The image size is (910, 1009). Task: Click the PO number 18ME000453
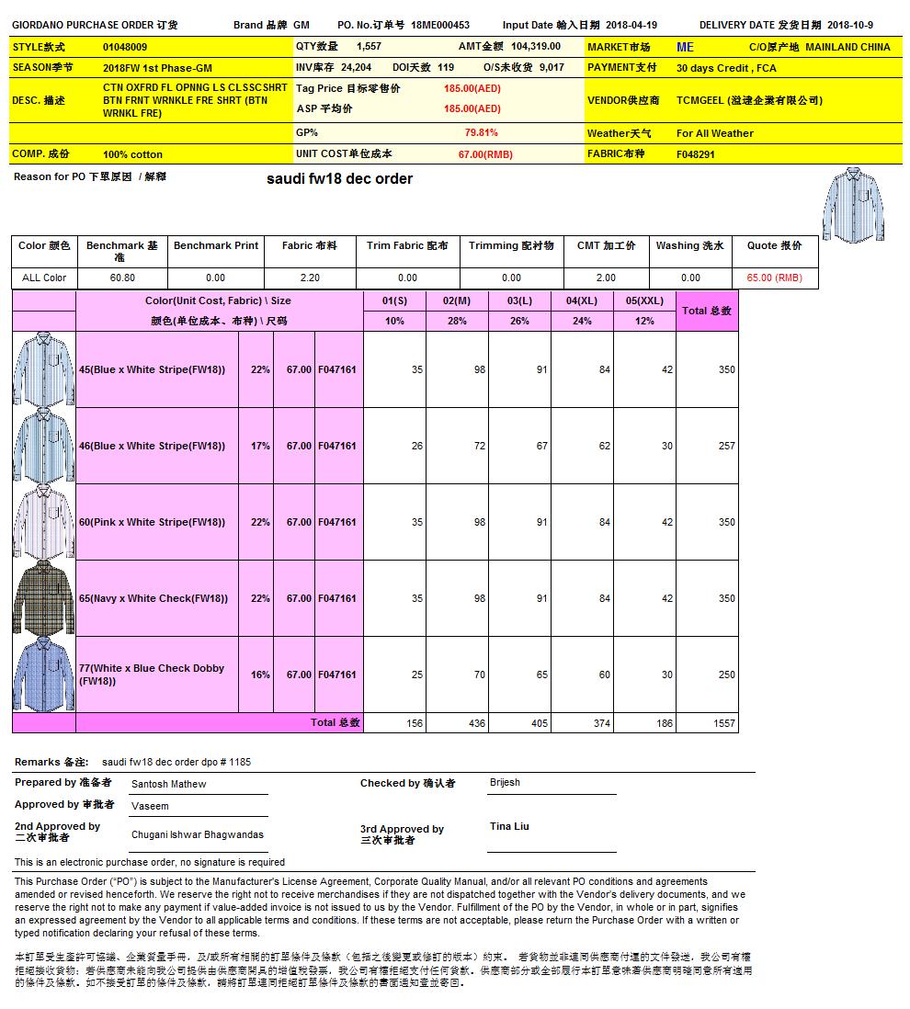(440, 26)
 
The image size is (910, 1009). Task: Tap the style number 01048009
(125, 47)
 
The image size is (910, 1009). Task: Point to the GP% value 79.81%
(482, 133)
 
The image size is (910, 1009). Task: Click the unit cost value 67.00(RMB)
(485, 154)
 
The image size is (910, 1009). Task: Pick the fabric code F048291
(696, 154)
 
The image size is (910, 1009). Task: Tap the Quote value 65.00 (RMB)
(774, 278)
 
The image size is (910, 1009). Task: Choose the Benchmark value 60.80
(122, 278)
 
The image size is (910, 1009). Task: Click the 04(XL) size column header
(583, 300)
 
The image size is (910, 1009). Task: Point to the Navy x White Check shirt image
(43, 598)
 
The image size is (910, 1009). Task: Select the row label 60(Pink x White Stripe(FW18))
(152, 522)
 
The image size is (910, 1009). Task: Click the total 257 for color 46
(726, 446)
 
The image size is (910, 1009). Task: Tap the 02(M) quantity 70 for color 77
(479, 675)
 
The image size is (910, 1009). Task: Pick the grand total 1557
(724, 723)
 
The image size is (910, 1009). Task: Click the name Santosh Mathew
(169, 784)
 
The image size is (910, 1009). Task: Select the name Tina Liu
(509, 826)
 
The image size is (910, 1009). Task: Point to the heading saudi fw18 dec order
(339, 178)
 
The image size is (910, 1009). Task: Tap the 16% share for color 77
(260, 675)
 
